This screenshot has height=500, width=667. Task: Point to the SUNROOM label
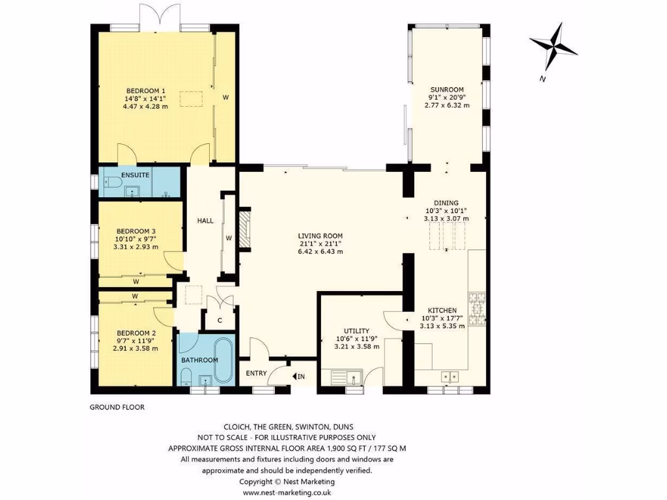(446, 90)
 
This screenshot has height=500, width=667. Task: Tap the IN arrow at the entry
(299, 376)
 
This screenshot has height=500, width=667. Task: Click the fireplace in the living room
(244, 229)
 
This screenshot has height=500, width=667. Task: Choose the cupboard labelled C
(220, 320)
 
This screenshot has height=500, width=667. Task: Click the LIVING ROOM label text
(320, 236)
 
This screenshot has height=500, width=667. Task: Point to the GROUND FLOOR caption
(117, 408)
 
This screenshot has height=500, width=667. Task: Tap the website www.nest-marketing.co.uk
(287, 493)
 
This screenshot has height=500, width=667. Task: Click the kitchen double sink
(449, 376)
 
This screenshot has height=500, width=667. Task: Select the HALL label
(206, 221)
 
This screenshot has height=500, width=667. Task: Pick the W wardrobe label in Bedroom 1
(225, 98)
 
